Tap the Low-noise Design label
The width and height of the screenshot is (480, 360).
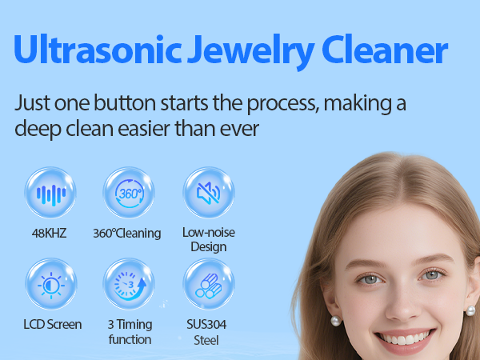[208, 239]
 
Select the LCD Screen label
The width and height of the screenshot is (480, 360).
[52, 324]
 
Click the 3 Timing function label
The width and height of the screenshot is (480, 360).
[129, 331]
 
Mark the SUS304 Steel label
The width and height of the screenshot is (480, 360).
[208, 331]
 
